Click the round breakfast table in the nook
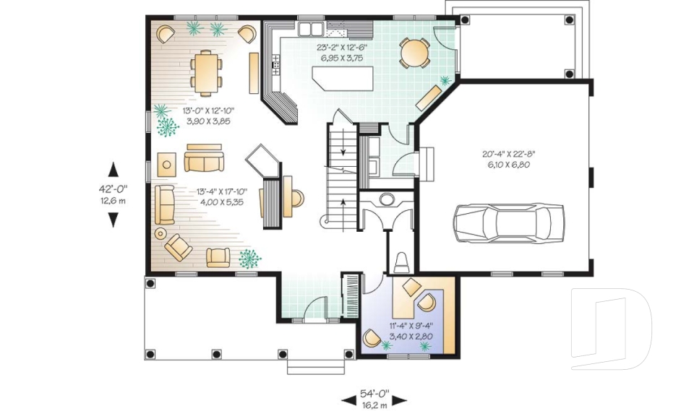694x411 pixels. (x=414, y=53)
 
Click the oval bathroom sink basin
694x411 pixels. (x=387, y=199)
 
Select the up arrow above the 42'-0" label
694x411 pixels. (x=113, y=170)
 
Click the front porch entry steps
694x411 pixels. (x=312, y=365)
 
